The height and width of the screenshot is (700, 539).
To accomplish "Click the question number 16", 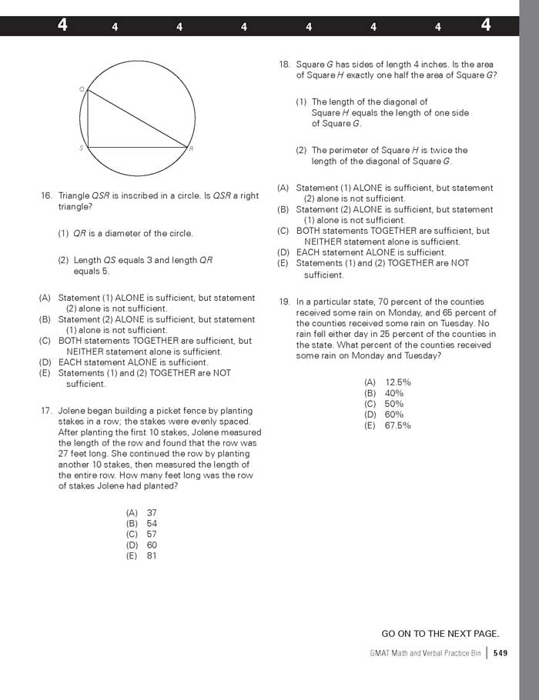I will click(46, 196).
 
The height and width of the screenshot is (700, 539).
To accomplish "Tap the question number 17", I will click(46, 411).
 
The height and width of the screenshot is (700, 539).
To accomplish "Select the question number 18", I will click(284, 65).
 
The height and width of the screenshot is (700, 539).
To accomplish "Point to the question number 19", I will click(284, 302).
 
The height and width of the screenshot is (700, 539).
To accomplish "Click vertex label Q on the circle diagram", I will click(82, 89).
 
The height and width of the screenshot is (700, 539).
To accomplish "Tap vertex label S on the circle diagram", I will click(81, 148).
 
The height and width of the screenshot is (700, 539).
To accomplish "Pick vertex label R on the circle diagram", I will click(191, 148).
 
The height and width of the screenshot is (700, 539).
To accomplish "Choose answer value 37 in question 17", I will click(152, 512).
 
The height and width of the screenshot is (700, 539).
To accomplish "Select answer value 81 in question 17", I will click(152, 555).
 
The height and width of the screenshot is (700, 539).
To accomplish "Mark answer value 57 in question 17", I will click(152, 534).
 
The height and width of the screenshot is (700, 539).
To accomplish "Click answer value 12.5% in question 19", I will click(398, 382).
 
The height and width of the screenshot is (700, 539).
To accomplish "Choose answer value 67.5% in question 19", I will click(398, 425).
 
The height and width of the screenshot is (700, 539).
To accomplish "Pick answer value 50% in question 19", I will click(394, 404).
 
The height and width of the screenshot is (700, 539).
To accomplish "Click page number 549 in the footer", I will click(500, 653).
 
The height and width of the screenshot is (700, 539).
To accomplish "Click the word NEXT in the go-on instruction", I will click(440, 634).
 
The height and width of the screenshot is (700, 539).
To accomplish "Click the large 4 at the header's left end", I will click(62, 25).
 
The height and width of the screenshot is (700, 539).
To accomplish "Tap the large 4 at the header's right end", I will click(486, 25).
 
